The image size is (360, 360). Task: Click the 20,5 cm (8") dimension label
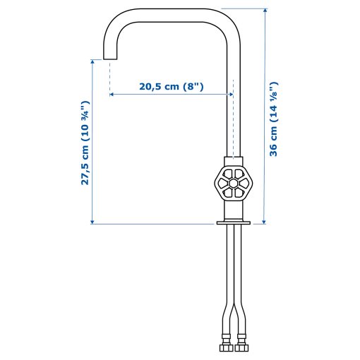(x=172, y=87)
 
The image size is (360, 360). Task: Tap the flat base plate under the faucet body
(x=232, y=224)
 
